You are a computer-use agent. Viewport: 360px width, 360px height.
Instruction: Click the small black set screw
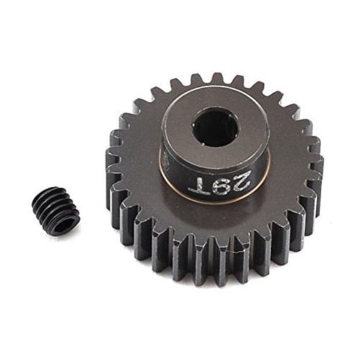tap(56, 211)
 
